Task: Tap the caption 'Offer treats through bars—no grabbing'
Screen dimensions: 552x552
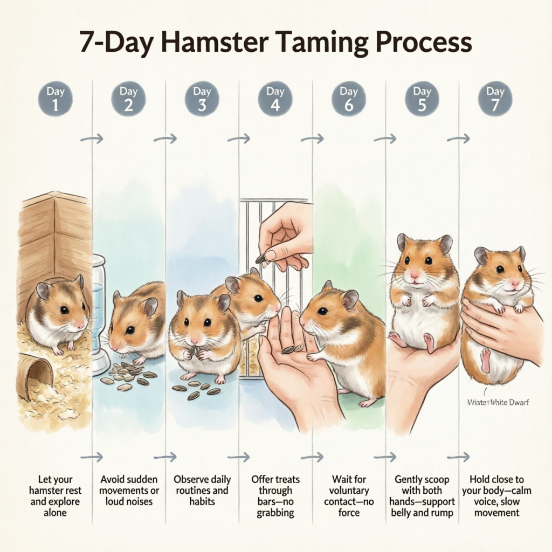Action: point(275,495)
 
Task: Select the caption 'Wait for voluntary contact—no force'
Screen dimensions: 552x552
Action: point(348,495)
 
